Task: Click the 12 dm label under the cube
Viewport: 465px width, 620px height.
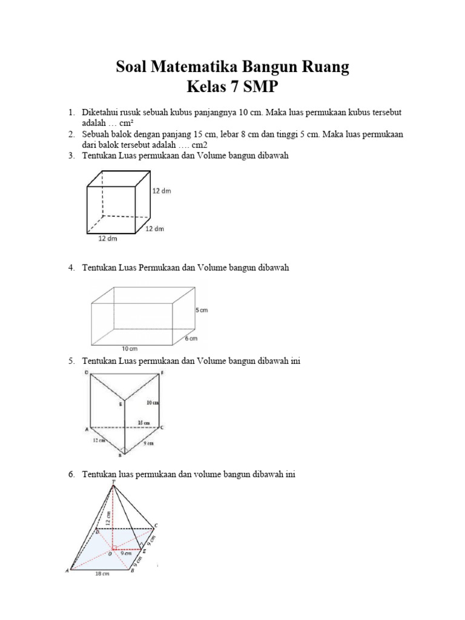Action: coord(108,239)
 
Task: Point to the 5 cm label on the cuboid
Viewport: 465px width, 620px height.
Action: coord(201,310)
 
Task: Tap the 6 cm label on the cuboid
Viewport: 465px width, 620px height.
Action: coord(191,338)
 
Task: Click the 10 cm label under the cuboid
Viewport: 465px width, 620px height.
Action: coord(130,349)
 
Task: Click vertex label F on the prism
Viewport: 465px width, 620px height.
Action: coord(162,373)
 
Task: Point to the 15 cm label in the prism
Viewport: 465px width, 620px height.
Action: coord(145,422)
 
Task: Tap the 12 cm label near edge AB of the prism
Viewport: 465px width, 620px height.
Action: coord(99,440)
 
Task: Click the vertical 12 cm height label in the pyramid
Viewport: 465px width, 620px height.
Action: coord(108,518)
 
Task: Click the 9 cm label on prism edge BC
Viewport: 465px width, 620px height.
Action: coord(147,443)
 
